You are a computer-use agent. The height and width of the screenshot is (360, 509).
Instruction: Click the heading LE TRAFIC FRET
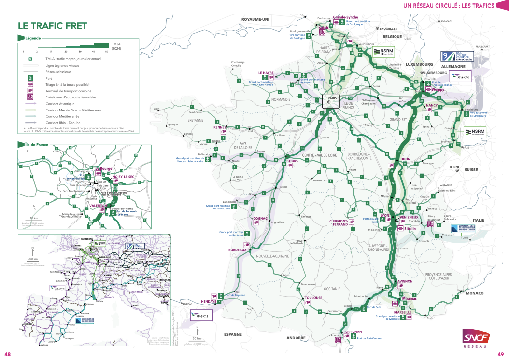tap(52, 26)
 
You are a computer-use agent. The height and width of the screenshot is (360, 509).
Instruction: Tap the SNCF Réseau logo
tap(475, 338)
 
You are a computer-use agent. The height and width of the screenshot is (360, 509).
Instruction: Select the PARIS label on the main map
tap(331, 97)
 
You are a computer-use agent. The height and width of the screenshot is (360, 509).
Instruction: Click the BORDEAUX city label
tap(238, 250)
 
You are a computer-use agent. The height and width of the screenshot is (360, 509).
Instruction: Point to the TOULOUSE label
tap(313, 298)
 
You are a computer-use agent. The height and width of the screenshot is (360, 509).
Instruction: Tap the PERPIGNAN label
tap(352, 332)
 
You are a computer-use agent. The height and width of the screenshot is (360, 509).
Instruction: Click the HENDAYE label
tap(208, 301)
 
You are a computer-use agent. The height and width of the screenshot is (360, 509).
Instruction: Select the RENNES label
tap(220, 128)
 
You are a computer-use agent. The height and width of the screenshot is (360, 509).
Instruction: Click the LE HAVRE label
tap(266, 73)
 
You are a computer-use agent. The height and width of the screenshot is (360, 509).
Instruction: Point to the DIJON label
tap(405, 159)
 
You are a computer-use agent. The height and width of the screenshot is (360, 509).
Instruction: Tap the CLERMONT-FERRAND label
tap(339, 222)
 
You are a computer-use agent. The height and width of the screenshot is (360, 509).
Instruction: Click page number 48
tap(7, 355)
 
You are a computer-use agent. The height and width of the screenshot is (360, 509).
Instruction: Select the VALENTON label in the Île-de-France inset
tap(98, 206)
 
